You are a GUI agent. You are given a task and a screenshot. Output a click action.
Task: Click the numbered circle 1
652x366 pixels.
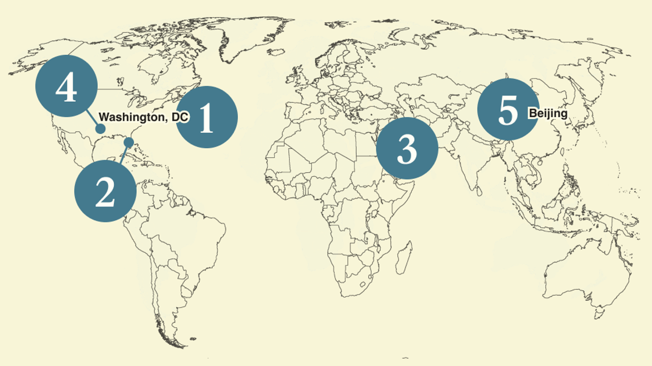point(206,117)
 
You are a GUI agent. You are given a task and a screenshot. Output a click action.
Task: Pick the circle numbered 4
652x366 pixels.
point(66,87)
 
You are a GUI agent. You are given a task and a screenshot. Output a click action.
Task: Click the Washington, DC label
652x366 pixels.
point(144,117)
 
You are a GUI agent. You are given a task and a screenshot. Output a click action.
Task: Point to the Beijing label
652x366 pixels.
point(548,113)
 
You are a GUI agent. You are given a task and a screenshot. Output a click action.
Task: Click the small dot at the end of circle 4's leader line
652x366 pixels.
point(100,129)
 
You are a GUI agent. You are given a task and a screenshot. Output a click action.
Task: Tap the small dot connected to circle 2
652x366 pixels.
point(129,141)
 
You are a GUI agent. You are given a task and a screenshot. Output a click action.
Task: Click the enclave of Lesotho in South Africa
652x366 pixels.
point(363,284)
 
